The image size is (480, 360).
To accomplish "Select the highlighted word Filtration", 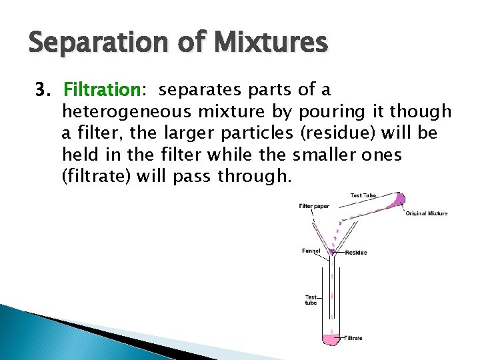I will pyautogui.click(x=100, y=90).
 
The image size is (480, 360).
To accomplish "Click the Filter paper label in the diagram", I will pyautogui.click(x=313, y=206).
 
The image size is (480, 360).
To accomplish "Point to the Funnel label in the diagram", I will pyautogui.click(x=311, y=251).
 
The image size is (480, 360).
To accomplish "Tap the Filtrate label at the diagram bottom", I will pyautogui.click(x=354, y=338).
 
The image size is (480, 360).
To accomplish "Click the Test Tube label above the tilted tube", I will pyautogui.click(x=363, y=195).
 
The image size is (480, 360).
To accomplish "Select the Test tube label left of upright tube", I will pyautogui.click(x=311, y=299).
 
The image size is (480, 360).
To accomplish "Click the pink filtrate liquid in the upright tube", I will pyautogui.click(x=331, y=339).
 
